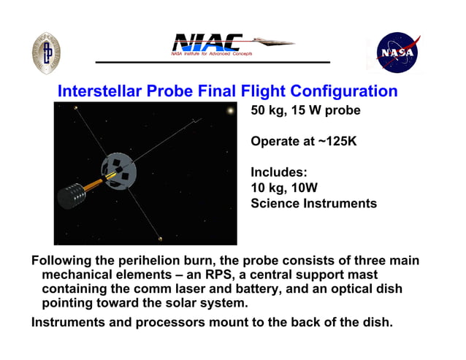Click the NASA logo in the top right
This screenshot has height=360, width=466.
[x=397, y=52]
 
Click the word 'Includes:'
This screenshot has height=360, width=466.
[x=279, y=172]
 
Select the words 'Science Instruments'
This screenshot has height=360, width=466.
[x=313, y=204]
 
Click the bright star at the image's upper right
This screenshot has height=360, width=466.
[x=231, y=111]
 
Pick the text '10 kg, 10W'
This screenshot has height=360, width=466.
[x=284, y=188]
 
